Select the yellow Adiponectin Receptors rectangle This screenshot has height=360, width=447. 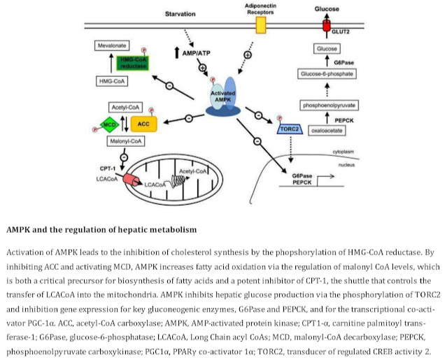262,26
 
